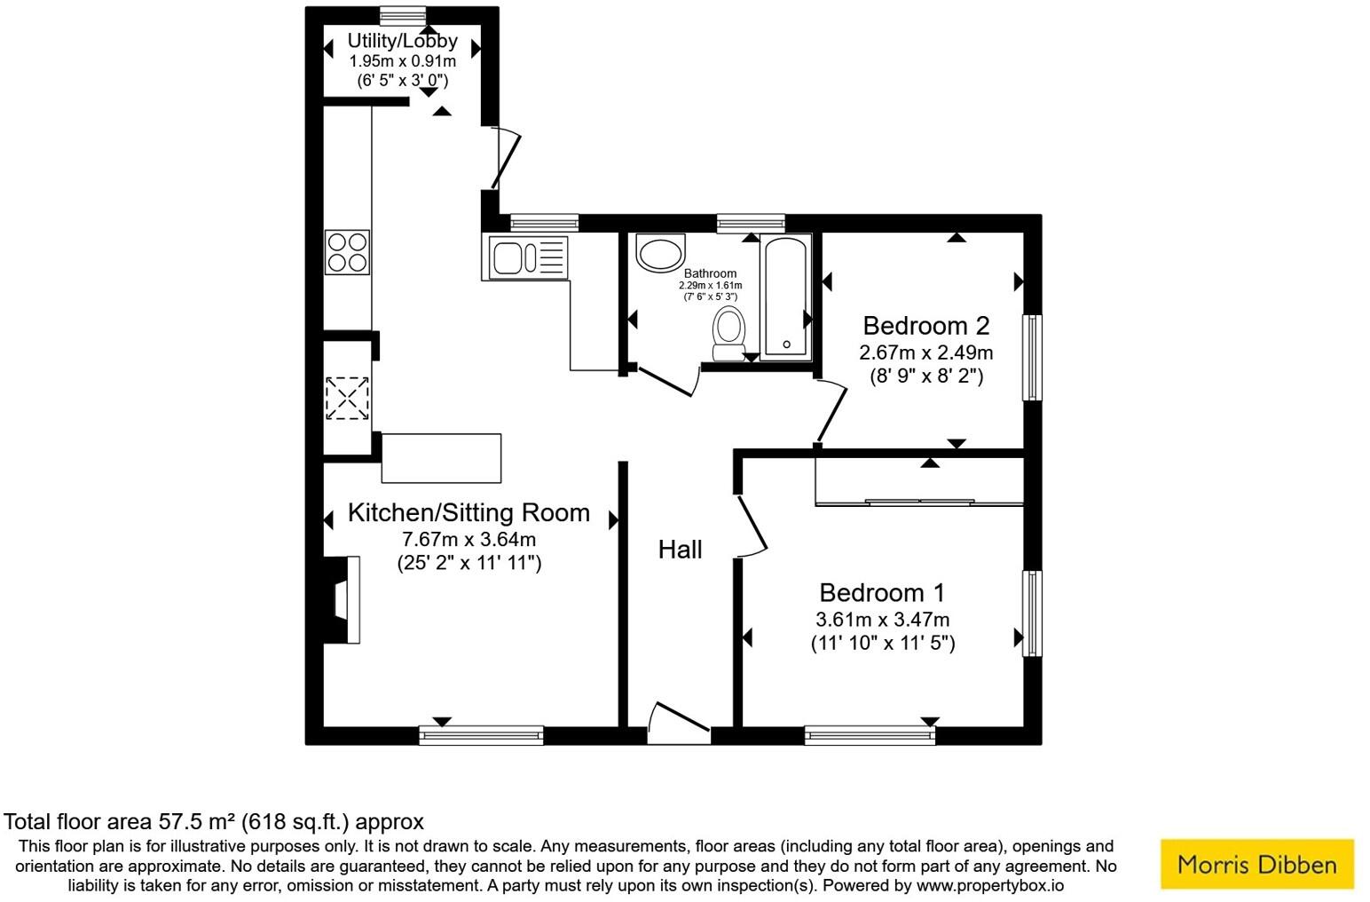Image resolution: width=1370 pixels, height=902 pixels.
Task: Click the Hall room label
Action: [x=680, y=550]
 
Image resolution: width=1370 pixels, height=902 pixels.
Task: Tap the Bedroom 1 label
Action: [x=882, y=592]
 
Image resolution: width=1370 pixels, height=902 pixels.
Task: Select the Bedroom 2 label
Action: [x=925, y=326]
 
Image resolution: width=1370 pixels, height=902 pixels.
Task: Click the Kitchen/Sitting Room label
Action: [x=468, y=512]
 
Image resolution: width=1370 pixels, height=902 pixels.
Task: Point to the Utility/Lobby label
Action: [x=402, y=41]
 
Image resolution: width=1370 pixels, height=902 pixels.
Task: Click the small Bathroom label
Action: [x=710, y=273]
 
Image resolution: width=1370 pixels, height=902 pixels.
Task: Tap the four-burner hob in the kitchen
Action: [x=347, y=251]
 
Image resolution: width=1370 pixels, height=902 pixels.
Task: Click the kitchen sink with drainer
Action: [x=527, y=258]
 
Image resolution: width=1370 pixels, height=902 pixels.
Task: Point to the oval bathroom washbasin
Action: [x=660, y=254]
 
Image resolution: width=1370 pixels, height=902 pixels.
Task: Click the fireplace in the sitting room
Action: [x=345, y=599]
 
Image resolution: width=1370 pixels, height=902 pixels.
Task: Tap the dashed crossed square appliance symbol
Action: [x=347, y=397]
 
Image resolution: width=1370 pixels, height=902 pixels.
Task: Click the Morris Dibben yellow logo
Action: [x=1256, y=864]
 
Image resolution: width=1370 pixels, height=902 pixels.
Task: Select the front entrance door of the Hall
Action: [x=679, y=721]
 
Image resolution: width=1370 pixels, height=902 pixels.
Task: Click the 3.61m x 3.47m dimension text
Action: [x=882, y=620]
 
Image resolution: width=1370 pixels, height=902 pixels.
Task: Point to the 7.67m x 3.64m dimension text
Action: [x=468, y=539]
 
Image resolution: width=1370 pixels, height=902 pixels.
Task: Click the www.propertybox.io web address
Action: [x=989, y=885]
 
